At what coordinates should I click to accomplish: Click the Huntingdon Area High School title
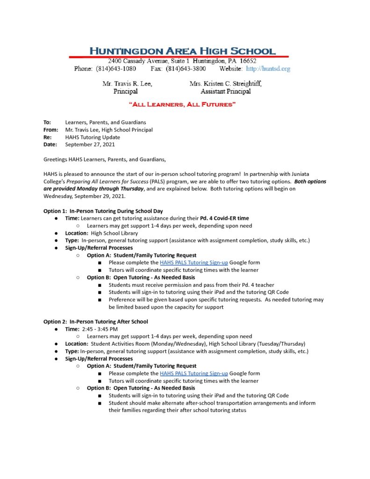(182, 51)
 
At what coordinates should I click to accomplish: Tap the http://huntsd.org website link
(268, 69)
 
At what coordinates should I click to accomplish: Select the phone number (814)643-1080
(116, 69)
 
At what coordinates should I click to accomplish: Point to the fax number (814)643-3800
(186, 69)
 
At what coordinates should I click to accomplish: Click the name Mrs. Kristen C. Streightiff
(225, 84)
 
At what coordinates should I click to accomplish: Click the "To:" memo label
(47, 122)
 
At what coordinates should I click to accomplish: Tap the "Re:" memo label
(47, 137)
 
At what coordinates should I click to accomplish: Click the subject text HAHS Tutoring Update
(93, 137)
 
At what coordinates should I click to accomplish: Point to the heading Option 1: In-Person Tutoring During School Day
(103, 211)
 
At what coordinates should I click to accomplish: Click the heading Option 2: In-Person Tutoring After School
(95, 321)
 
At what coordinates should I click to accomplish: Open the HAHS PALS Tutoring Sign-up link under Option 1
(194, 263)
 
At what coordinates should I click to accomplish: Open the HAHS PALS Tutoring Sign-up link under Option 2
(194, 373)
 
